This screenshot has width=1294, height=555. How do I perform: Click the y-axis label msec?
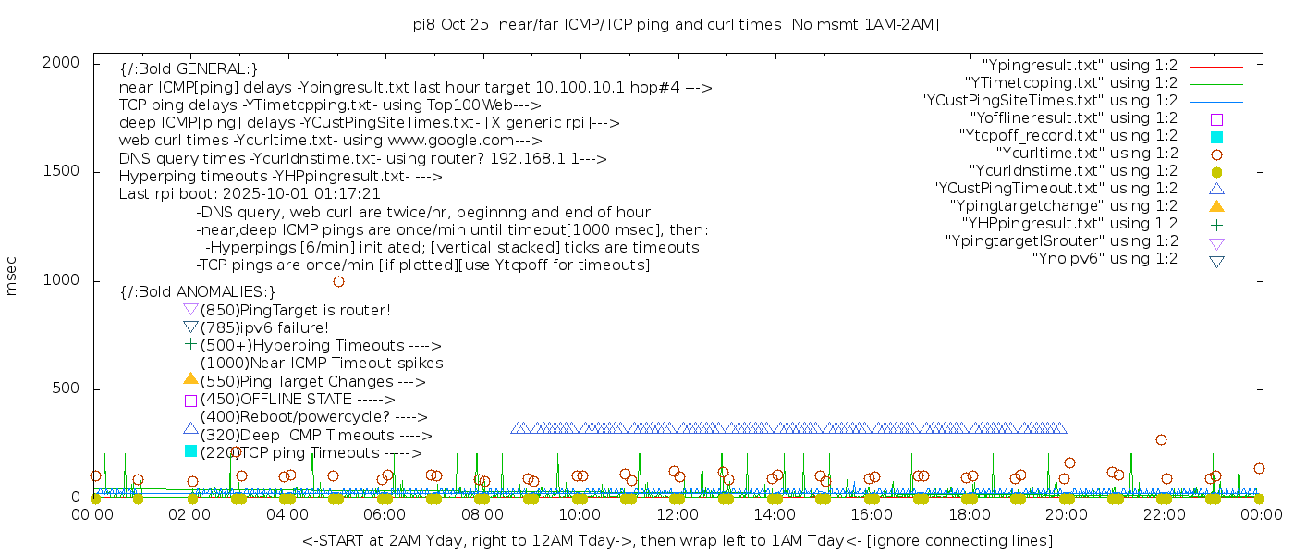coord(12,276)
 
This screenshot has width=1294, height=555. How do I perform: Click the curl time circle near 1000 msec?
coord(338,281)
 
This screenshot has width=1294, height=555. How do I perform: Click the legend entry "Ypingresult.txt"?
coord(1080,66)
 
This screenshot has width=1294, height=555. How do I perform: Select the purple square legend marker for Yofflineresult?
coord(1216,119)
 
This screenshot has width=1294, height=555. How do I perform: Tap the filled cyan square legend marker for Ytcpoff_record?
coord(1216,137)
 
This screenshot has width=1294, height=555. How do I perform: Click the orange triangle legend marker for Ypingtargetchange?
coord(1216,205)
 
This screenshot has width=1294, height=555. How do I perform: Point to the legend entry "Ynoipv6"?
coord(1105,259)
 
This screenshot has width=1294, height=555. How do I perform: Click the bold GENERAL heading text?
coord(189,69)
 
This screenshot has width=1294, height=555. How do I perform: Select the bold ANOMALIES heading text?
coord(198,292)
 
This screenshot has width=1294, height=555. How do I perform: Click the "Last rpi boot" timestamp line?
coord(250,194)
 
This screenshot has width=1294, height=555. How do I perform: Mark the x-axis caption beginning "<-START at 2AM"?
coord(677,540)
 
